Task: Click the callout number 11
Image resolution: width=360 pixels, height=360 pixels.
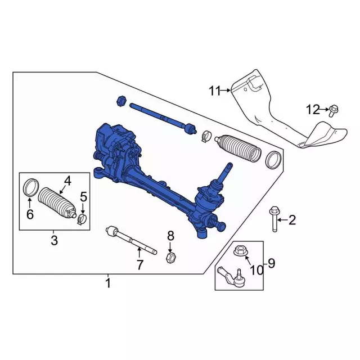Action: pos(215,91)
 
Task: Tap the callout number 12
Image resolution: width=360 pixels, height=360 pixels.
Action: pos(313,110)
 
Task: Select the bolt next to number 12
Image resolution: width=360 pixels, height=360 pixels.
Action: pos(334,111)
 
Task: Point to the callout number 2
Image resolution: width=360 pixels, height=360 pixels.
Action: pos(292,220)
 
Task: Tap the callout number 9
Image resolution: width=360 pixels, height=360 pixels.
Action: pos(271,263)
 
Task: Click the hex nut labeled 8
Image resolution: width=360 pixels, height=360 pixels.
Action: pos(170,258)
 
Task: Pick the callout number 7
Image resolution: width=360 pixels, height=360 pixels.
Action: pos(140,265)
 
